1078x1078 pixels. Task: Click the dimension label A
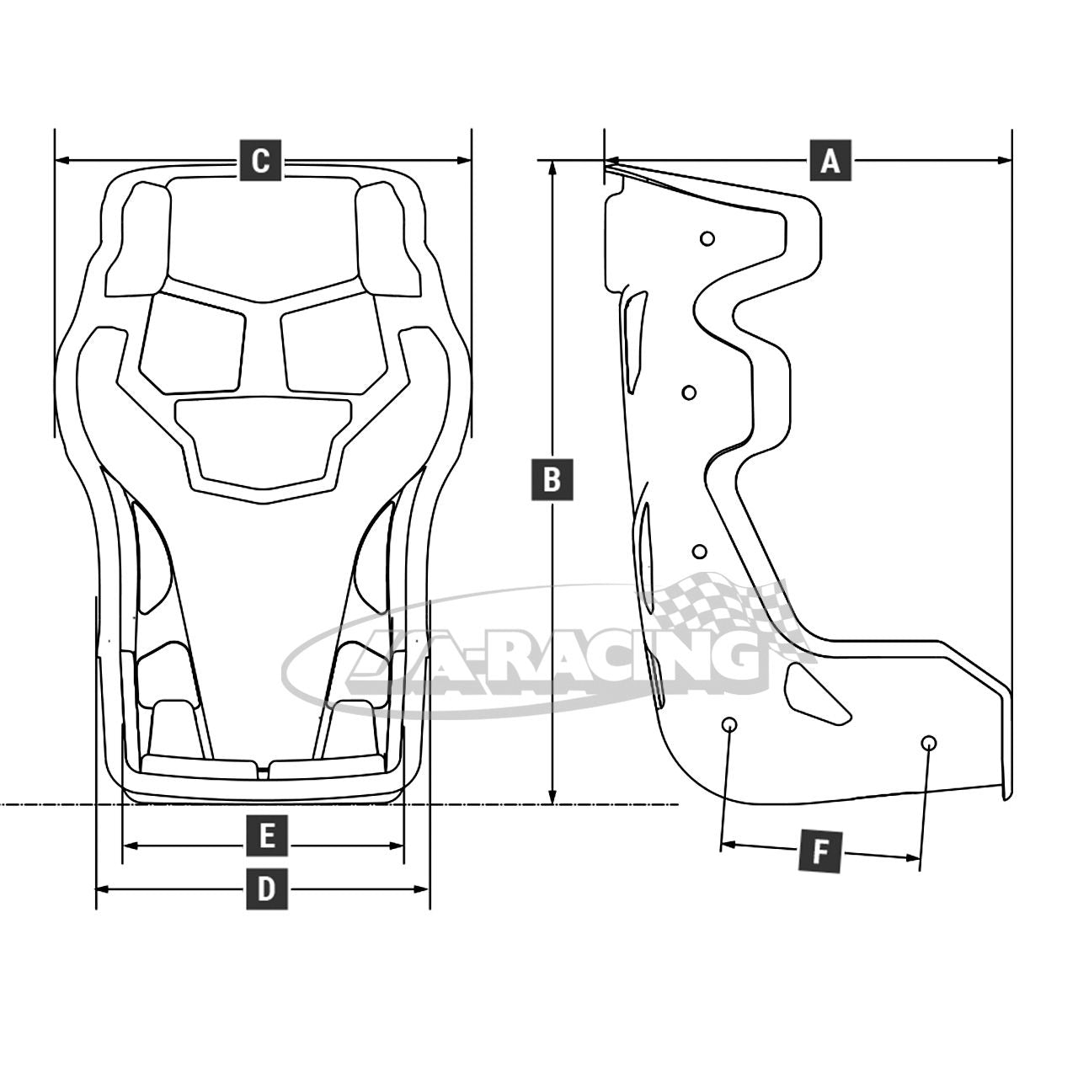(830, 160)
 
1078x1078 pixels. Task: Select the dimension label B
(552, 479)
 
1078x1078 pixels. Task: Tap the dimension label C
(260, 160)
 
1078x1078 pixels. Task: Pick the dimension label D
(266, 889)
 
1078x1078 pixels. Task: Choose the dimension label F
(819, 852)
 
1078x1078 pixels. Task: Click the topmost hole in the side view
(707, 239)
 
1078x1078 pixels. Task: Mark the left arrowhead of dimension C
(62, 161)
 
